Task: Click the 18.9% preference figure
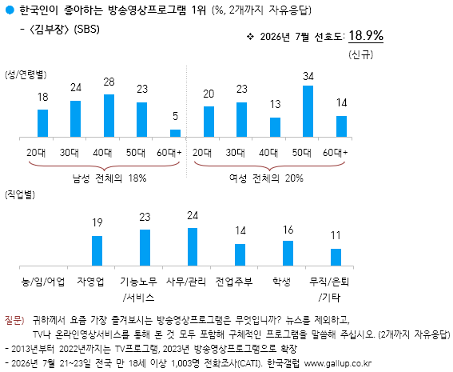tap(366, 35)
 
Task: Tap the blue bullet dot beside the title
tap(10, 10)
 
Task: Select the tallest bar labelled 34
tap(308, 111)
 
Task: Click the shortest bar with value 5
tap(175, 133)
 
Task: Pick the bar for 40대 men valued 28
tap(109, 115)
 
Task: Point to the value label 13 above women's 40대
tap(275, 104)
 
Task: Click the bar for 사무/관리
tap(193, 246)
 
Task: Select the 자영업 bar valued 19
tap(97, 250)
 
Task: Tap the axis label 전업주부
tap(234, 281)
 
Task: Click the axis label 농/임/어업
tap(43, 281)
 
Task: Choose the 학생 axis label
tap(282, 281)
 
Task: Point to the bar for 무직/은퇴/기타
tap(336, 257)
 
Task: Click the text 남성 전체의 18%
tap(109, 178)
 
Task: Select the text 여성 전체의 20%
tap(266, 178)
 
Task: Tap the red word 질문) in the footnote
tap(14, 320)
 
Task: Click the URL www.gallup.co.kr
tap(338, 363)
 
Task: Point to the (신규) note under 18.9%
tap(361, 54)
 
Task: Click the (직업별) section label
tap(20, 194)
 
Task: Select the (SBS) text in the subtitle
tap(86, 30)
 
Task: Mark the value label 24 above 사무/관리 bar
tap(193, 216)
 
